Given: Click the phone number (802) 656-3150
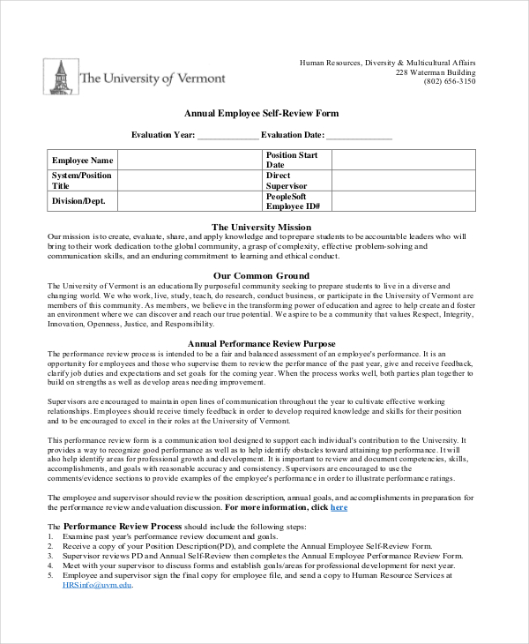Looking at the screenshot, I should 449,81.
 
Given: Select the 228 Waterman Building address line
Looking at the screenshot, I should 435,71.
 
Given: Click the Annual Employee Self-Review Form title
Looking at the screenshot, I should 261,114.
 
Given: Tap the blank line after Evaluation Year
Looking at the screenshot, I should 227,136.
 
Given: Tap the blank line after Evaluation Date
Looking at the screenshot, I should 359,136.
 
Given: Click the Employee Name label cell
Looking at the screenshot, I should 83,161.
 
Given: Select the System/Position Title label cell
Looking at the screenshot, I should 83,181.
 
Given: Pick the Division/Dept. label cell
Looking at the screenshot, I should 83,201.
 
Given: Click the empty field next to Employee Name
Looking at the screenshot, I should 190,161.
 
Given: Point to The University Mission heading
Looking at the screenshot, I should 262,227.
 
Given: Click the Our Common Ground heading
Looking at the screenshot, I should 262,275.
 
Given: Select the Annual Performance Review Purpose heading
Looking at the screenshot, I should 262,343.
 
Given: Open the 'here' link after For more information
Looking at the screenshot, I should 339,507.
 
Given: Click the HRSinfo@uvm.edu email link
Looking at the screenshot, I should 97,585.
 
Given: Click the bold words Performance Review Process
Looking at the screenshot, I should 123,526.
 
